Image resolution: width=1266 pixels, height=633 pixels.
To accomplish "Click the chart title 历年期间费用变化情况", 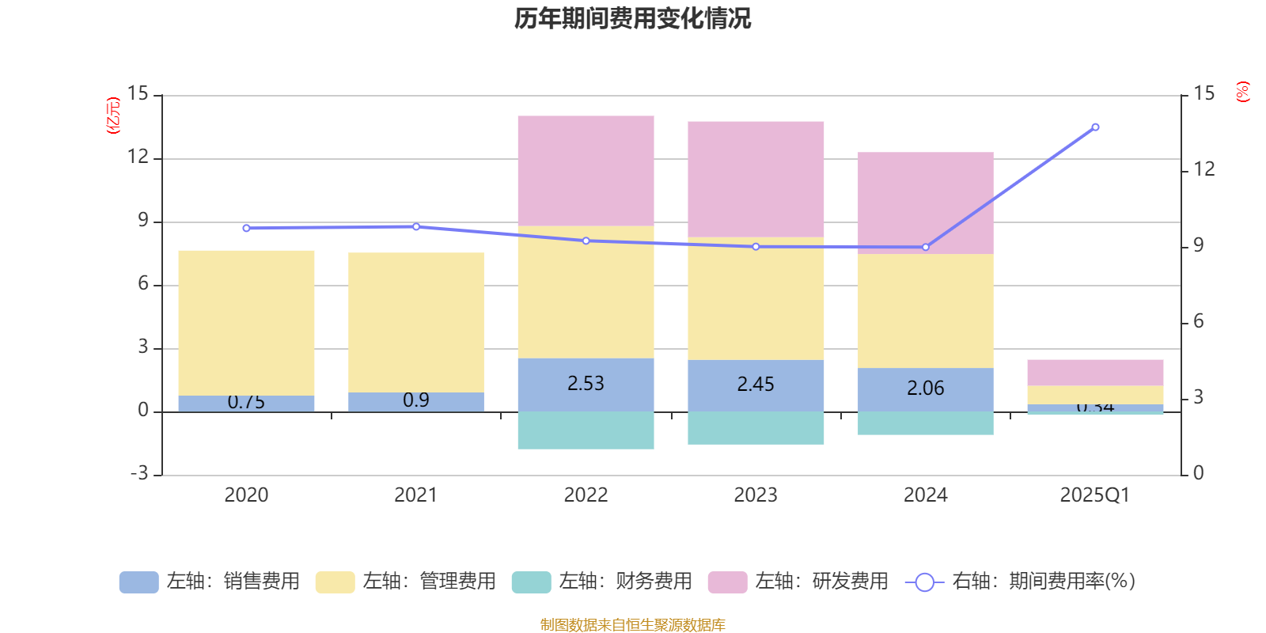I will (632, 18).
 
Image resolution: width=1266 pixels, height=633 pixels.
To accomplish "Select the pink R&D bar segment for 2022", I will (586, 171).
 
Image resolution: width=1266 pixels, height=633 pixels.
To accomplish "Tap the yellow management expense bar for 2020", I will (246, 323).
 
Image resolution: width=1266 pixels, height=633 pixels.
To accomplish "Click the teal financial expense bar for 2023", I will (756, 428).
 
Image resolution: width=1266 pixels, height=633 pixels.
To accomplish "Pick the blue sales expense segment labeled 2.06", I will (926, 389).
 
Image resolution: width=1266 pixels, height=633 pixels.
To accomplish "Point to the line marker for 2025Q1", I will (1095, 127).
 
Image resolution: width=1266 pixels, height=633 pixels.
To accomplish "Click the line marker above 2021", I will (416, 227).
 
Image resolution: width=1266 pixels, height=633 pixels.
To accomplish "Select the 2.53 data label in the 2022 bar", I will (586, 384).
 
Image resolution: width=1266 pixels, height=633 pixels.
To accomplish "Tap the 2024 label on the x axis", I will (925, 495).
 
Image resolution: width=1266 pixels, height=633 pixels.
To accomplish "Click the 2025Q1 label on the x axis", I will (1094, 495).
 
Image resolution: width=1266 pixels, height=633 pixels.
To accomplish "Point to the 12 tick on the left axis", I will (138, 157).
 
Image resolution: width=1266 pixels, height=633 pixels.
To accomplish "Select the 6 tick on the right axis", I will (1199, 321).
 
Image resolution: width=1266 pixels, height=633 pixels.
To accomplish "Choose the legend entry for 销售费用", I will (210, 582).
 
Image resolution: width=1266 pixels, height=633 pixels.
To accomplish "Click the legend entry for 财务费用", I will (602, 582).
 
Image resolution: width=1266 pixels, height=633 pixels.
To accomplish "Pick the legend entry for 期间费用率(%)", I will (1021, 582).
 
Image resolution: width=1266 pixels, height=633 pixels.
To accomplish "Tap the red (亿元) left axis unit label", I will (114, 116).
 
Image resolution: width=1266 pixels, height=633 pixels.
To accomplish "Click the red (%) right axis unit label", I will (1243, 92).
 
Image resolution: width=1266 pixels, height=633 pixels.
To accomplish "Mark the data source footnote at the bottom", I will (632, 625).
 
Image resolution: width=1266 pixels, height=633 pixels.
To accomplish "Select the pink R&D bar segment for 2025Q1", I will (1095, 373).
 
